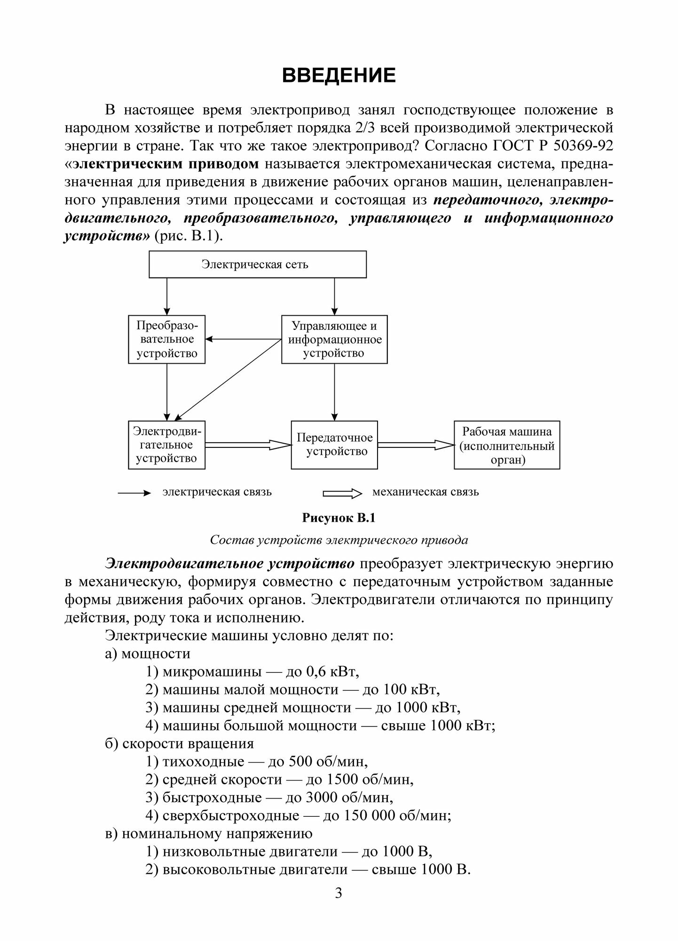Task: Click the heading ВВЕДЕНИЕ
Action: pyautogui.click(x=339, y=76)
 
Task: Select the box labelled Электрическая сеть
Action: pyautogui.click(x=257, y=264)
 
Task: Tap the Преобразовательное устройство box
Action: pyautogui.click(x=167, y=339)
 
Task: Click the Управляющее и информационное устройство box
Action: pyautogui.click(x=334, y=339)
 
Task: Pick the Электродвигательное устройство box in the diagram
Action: pyautogui.click(x=167, y=445)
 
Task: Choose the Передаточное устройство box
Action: pyautogui.click(x=334, y=445)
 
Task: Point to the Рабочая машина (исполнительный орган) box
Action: pyautogui.click(x=507, y=445)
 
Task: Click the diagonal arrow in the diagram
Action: pyautogui.click(x=226, y=379)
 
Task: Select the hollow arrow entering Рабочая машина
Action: pyautogui.click(x=416, y=445)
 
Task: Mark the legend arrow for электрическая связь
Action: pyautogui.click(x=134, y=493)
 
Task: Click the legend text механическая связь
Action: pyautogui.click(x=426, y=493)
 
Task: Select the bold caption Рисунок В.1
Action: pyautogui.click(x=339, y=518)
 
